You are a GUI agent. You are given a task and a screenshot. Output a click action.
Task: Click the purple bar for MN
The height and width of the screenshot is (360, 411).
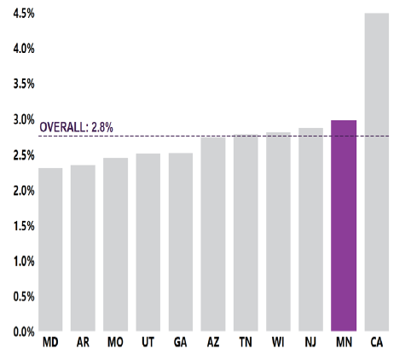coord(344,226)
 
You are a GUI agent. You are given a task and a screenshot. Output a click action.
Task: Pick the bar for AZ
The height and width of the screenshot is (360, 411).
coord(213,234)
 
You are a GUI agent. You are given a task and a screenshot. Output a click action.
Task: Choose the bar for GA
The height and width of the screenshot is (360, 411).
coord(181,242)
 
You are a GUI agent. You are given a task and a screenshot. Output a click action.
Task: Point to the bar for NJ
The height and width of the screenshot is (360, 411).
coord(311,229)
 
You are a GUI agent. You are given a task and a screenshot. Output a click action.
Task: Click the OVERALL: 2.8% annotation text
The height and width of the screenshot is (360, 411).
coord(77,128)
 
